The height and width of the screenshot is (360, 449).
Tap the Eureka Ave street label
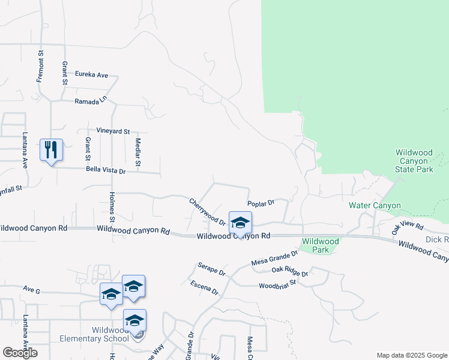91,75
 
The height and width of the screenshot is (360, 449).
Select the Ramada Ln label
90,101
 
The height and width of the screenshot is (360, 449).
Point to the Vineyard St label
113,131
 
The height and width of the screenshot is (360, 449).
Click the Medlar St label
137,152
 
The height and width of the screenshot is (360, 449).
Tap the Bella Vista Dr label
105,171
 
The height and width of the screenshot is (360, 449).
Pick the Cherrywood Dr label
207,212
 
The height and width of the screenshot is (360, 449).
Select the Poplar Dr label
261,203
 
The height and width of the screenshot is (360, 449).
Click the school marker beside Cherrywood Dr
240,223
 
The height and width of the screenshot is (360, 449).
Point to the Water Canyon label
375,205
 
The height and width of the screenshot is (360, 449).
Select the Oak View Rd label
408,227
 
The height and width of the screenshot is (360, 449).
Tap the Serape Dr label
211,268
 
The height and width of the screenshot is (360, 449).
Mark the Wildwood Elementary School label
94,334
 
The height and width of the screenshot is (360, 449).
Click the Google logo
20,353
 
